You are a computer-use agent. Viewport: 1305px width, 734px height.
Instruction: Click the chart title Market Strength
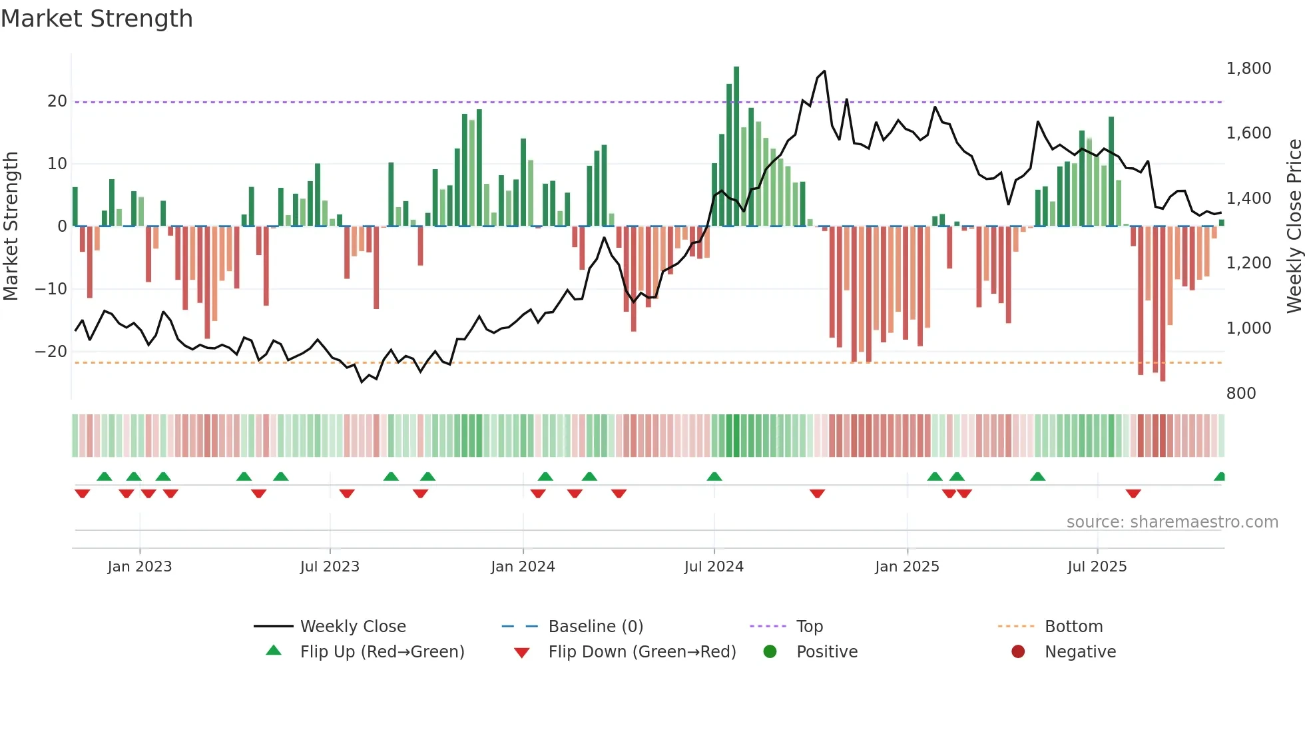coord(97,19)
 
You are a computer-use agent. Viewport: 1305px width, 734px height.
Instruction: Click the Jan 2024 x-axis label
coord(523,567)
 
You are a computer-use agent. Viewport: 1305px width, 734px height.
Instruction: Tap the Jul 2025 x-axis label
coord(1097,567)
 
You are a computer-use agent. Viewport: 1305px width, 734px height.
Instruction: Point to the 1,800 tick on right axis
coord(1248,69)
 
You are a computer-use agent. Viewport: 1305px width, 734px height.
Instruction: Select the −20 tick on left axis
coord(51,352)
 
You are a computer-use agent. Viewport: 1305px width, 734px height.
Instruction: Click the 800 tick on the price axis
coord(1241,394)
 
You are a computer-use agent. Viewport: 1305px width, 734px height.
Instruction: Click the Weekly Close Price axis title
coord(1294,226)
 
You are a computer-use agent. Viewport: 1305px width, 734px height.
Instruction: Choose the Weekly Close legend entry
coord(352,627)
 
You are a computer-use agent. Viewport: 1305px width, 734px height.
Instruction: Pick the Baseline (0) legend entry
coord(595,627)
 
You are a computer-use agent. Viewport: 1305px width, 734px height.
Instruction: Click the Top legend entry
coord(810,627)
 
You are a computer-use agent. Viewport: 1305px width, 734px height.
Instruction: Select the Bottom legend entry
coord(1073,627)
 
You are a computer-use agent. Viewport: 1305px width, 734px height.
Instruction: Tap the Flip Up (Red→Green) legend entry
coord(382,652)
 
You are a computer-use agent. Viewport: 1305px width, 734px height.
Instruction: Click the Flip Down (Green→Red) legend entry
coord(642,652)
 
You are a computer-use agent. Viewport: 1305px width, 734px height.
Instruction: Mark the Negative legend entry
coord(1080,652)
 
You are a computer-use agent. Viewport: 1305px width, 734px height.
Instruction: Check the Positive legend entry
coord(827,652)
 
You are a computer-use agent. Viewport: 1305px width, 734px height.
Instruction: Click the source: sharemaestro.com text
coord(1172,522)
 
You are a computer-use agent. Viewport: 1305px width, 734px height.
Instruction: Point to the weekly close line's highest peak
coord(825,71)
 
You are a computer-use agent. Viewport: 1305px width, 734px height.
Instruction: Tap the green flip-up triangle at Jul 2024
coord(714,477)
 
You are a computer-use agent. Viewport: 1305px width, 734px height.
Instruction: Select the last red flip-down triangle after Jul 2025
coord(1133,494)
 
